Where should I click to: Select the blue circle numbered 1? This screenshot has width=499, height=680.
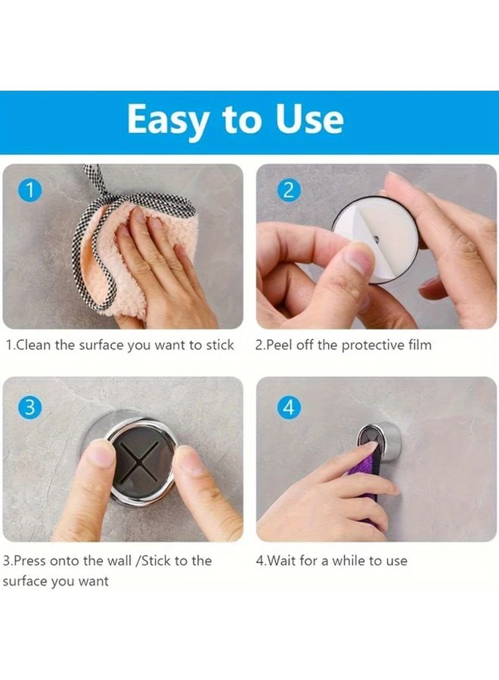[29, 190]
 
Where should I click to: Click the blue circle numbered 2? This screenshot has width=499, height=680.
[287, 190]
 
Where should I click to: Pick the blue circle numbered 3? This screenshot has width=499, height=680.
[29, 407]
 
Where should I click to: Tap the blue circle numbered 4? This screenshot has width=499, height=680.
[287, 407]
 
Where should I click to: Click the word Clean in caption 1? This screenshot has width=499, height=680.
[34, 345]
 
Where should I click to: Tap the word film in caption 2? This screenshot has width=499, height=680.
[418, 345]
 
